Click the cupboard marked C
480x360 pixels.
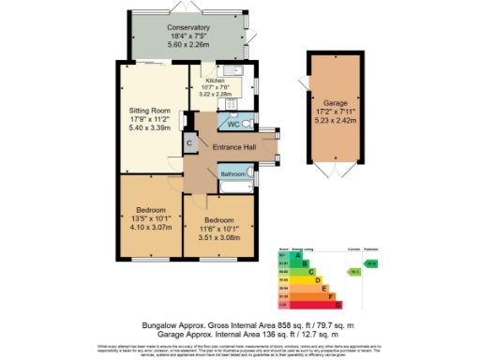pyautogui.click(x=189, y=143)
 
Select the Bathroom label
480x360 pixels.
pyautogui.click(x=232, y=173)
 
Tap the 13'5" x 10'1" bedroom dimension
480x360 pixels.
pyautogui.click(x=151, y=217)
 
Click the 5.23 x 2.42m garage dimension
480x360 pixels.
pyautogui.click(x=335, y=120)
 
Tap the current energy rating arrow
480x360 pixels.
pyautogui.click(x=353, y=272)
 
